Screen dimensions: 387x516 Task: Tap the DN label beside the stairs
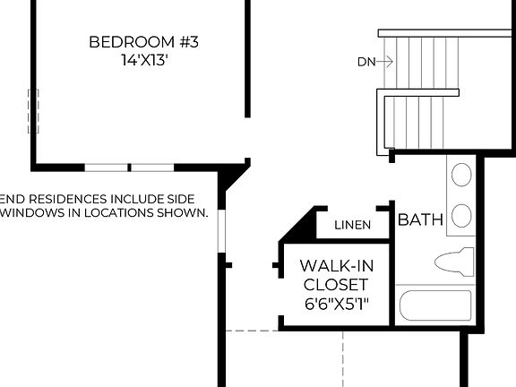[365, 62]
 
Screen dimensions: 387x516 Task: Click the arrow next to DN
[385, 62]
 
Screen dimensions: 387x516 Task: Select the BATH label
[420, 219]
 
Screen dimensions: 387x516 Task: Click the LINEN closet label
[352, 225]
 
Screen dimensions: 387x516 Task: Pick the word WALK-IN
[336, 266]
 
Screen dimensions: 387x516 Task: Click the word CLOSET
[336, 285]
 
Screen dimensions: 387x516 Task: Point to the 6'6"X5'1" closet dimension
[336, 305]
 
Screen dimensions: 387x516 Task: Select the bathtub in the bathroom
[434, 305]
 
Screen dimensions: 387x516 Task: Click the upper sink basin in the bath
[461, 175]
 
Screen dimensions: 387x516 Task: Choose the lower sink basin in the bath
[461, 216]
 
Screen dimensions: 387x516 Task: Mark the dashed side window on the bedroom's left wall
[33, 111]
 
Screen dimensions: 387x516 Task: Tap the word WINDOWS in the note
[31, 213]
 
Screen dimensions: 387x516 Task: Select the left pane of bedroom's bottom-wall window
[106, 168]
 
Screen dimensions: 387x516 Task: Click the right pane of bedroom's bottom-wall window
[152, 168]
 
